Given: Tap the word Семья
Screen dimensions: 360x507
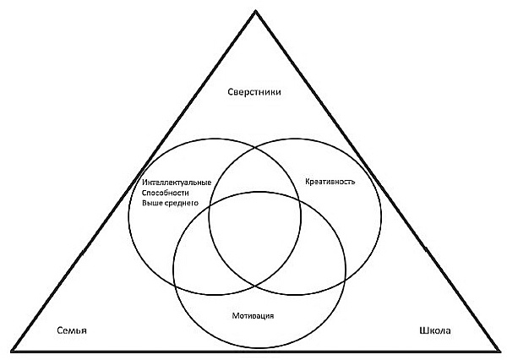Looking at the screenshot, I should (x=73, y=330).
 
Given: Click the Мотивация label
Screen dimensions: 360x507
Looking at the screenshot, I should (x=254, y=315).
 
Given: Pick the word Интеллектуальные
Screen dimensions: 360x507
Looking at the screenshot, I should (x=172, y=183).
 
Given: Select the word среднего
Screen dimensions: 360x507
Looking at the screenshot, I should (x=183, y=204).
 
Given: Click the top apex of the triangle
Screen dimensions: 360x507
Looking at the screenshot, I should (x=254, y=8).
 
